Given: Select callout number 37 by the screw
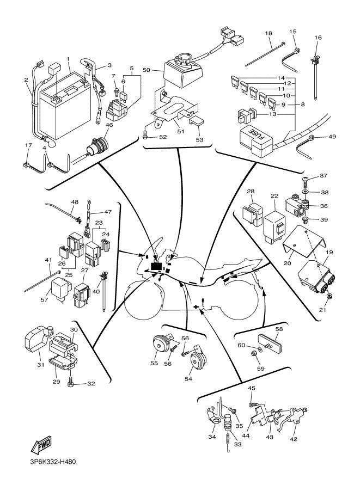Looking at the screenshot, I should tap(324, 175).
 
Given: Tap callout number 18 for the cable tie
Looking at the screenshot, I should tap(268, 33).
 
